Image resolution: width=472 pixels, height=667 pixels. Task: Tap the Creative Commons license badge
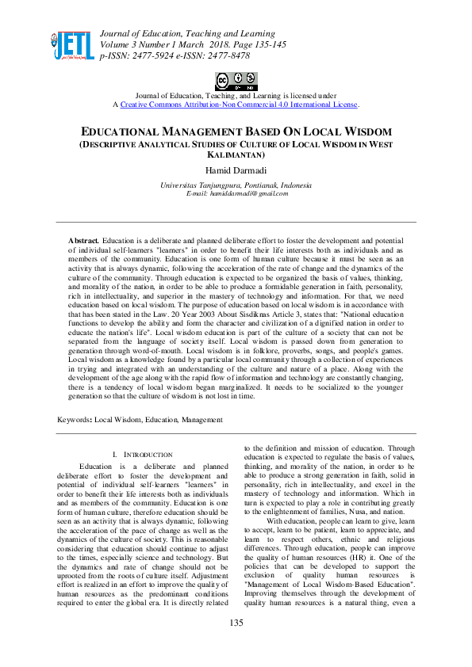(236, 81)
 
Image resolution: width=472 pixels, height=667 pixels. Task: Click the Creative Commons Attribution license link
(239, 104)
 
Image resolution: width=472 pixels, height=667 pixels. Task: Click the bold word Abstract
(83, 239)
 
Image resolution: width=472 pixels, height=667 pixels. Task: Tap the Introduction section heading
(146, 454)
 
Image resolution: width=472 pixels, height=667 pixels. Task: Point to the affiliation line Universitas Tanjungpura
(236, 185)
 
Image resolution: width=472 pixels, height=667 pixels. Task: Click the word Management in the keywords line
(203, 419)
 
